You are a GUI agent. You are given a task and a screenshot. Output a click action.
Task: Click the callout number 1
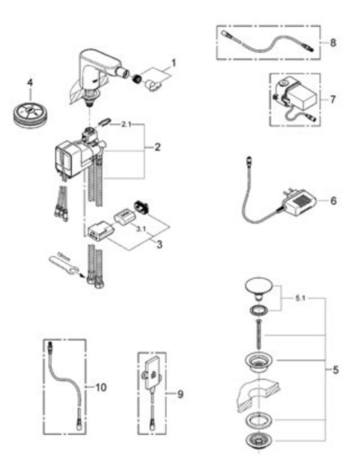[x=173, y=63]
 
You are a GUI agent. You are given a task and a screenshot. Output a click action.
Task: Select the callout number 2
[x=157, y=147]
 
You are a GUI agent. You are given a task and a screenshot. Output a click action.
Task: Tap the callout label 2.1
[x=126, y=125]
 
